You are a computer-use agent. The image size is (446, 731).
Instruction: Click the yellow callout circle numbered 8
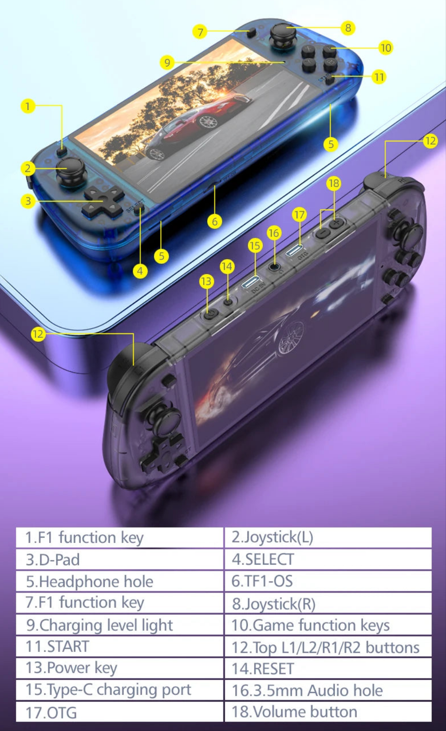tap(348, 28)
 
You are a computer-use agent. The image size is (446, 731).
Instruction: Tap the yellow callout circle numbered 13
tap(207, 281)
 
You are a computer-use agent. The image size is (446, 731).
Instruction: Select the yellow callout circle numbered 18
tap(334, 184)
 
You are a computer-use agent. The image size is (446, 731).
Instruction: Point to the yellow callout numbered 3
tap(28, 201)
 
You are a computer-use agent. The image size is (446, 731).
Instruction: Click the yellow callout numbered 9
tap(167, 62)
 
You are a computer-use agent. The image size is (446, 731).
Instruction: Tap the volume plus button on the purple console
tap(337, 223)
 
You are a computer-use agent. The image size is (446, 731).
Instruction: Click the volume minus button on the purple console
tap(323, 233)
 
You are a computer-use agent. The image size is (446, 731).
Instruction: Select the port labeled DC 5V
tap(251, 281)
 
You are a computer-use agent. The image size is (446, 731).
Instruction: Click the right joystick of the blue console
tap(282, 34)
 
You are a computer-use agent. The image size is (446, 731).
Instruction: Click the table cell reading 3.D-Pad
tap(120, 559)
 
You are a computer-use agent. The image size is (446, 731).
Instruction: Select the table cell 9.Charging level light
tap(120, 625)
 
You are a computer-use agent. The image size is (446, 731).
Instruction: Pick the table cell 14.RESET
tap(328, 669)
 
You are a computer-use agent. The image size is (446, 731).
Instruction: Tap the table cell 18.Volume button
tap(328, 712)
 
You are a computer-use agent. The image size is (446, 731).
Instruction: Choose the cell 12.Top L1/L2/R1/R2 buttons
tap(328, 647)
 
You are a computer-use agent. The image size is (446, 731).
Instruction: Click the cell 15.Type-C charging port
tap(120, 690)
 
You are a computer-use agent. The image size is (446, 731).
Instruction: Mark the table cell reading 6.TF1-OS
tap(328, 581)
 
